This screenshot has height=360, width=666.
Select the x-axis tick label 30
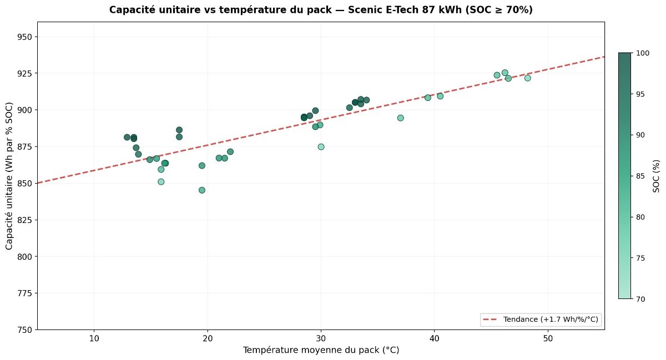click(x=321, y=339)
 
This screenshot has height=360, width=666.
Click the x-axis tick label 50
click(x=548, y=339)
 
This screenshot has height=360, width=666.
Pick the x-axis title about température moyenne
click(x=321, y=351)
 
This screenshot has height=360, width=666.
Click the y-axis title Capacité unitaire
click(x=9, y=175)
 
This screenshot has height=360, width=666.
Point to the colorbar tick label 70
click(x=640, y=299)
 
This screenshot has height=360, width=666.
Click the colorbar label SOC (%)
click(x=657, y=175)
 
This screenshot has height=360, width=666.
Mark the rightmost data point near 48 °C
click(x=527, y=78)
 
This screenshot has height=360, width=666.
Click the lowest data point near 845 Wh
click(x=202, y=190)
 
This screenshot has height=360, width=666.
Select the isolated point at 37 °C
click(x=400, y=118)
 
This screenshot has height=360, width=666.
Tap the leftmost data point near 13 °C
click(x=127, y=137)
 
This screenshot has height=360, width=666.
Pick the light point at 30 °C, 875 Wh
click(x=321, y=147)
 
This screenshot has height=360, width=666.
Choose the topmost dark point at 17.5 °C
click(x=179, y=130)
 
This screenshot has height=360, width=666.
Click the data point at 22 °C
click(x=230, y=151)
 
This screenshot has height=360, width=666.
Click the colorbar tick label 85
click(x=640, y=176)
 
